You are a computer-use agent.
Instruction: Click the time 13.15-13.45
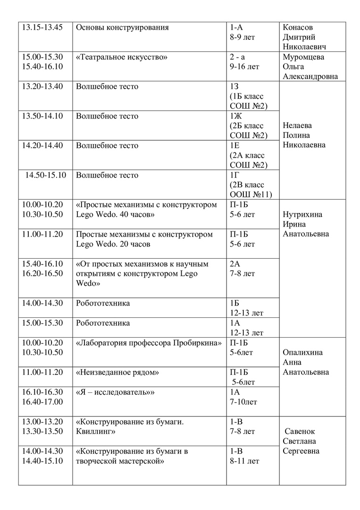(x=42, y=27)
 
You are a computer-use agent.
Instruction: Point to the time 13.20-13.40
(x=42, y=86)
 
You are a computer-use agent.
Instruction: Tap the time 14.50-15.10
(x=46, y=175)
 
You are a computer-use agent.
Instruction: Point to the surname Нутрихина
(x=303, y=214)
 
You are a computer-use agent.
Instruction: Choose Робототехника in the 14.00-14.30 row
(x=103, y=303)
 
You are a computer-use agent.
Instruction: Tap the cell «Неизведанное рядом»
(x=117, y=372)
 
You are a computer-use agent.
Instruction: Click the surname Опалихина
(x=302, y=353)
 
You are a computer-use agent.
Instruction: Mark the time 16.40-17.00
(x=42, y=402)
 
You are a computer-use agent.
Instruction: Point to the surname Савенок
(x=300, y=432)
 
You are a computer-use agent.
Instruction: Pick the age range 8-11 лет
(x=244, y=461)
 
